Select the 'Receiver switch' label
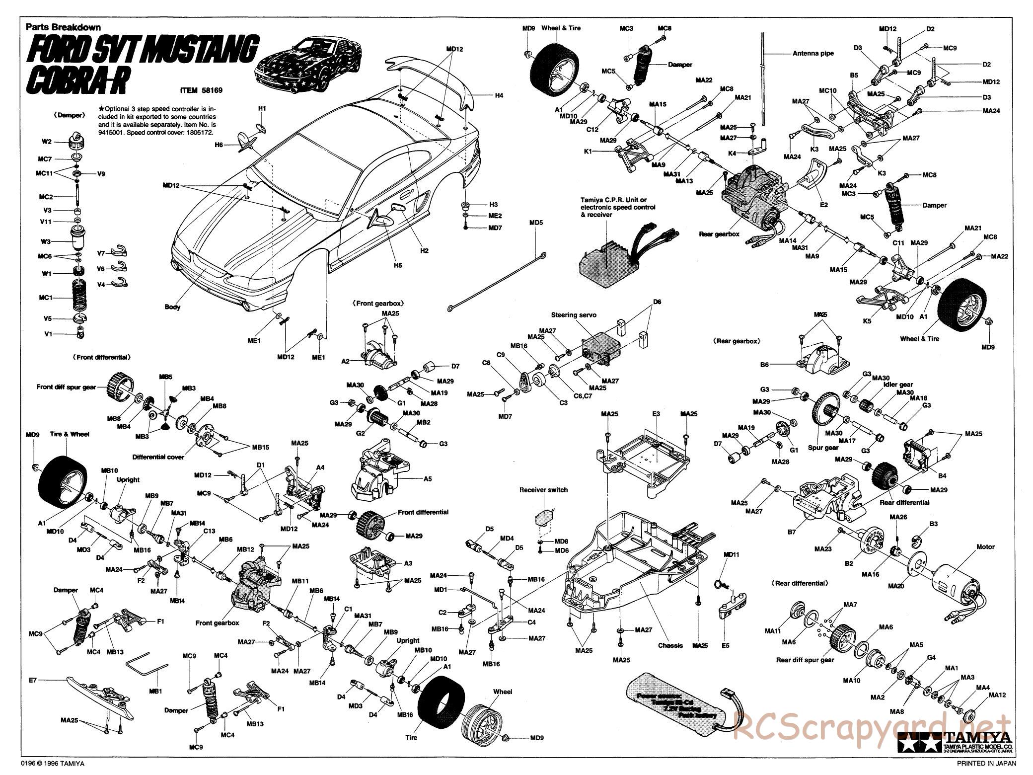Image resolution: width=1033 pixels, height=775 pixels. pyautogui.click(x=543, y=489)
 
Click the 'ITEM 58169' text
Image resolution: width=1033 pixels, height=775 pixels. pyautogui.click(x=201, y=90)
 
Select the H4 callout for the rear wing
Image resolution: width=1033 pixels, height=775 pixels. pyautogui.click(x=499, y=94)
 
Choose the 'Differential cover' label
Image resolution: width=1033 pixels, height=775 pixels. pyautogui.click(x=158, y=457)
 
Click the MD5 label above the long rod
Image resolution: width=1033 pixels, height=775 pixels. pyautogui.click(x=536, y=223)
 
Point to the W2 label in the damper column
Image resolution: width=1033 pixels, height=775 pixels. pyautogui.click(x=46, y=142)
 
